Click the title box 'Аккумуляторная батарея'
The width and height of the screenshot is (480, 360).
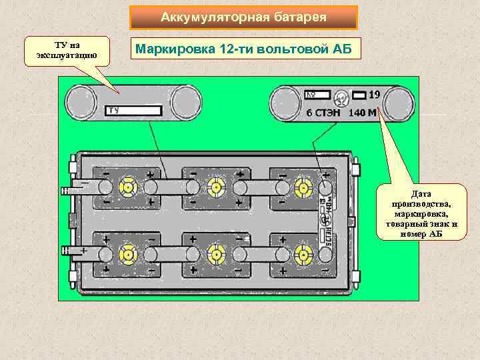click(x=243, y=17)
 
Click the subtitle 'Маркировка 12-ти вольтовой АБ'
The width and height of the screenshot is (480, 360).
click(x=243, y=49)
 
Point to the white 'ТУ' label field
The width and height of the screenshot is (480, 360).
click(x=134, y=109)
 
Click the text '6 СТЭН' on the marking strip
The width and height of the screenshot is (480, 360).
click(x=323, y=113)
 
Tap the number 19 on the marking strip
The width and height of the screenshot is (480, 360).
click(x=374, y=95)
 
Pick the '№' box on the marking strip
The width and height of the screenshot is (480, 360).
click(x=318, y=95)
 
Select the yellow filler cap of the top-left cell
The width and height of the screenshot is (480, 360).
click(x=127, y=187)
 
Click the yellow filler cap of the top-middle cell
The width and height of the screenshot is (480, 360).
click(x=215, y=187)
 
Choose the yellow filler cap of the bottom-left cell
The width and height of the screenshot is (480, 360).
click(x=127, y=253)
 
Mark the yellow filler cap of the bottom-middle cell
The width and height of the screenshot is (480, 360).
click(x=215, y=253)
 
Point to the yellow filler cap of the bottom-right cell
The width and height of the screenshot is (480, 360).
click(x=303, y=253)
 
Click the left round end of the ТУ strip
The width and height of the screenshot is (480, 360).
click(x=82, y=104)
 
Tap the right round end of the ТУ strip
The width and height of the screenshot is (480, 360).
click(x=186, y=104)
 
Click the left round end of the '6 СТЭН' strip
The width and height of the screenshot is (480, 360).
click(x=285, y=104)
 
